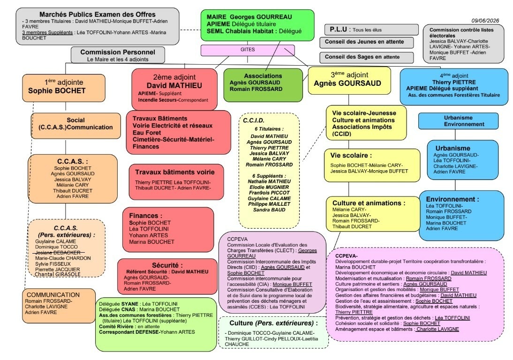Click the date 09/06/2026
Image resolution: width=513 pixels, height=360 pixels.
(485, 21)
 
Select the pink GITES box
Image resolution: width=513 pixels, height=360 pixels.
(248, 50)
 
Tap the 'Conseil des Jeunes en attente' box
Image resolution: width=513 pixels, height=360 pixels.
(366, 42)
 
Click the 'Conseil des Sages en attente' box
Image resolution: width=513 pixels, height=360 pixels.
(366, 57)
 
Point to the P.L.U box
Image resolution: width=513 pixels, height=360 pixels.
(371, 30)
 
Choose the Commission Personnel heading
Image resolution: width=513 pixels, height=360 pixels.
(118, 52)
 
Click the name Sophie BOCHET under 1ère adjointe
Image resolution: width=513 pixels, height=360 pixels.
(57, 90)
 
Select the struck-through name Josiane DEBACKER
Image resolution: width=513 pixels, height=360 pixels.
(58, 253)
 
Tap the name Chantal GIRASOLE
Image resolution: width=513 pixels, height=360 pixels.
(58, 274)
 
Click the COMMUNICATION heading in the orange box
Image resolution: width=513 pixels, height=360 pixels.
(53, 294)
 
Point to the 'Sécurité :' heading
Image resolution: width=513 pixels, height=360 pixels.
(167, 265)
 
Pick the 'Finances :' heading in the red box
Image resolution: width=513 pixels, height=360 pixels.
(145, 216)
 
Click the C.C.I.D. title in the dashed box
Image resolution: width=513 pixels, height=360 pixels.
(254, 120)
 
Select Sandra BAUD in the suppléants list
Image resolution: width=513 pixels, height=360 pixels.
(269, 210)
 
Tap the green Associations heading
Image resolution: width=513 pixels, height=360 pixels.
(263, 76)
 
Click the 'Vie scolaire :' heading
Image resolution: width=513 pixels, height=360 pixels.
(351, 155)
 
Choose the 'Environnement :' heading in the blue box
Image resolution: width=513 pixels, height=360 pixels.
(453, 199)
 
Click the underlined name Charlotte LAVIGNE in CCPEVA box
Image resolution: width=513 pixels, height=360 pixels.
(438, 329)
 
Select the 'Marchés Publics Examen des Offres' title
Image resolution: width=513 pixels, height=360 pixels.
(98, 15)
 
